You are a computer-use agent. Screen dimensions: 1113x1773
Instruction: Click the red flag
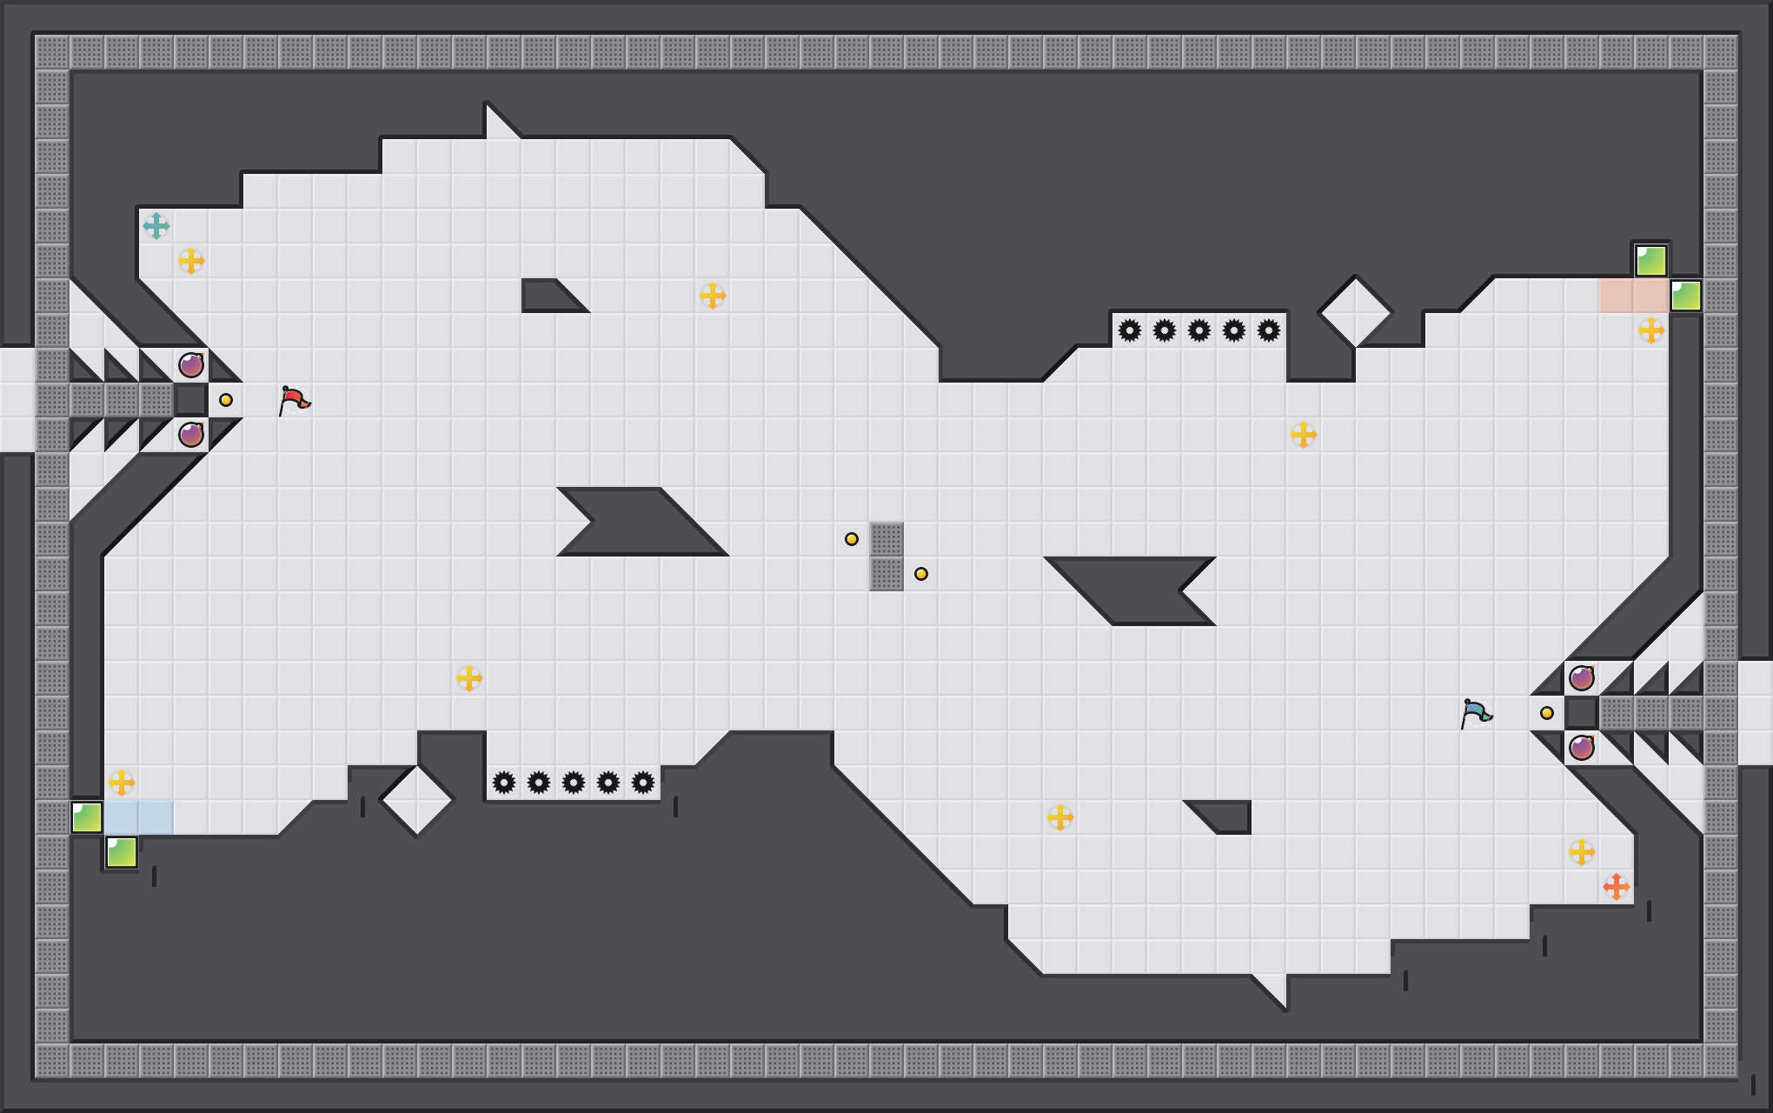pyautogui.click(x=294, y=400)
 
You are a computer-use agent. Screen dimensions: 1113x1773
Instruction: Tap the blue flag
pyautogui.click(x=1476, y=713)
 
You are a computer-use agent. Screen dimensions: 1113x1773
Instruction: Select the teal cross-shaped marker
pyautogui.click(x=156, y=226)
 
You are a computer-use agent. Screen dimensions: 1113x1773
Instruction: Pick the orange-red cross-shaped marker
pyautogui.click(x=1616, y=887)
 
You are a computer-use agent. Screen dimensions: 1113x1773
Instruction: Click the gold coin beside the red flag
pyautogui.click(x=226, y=400)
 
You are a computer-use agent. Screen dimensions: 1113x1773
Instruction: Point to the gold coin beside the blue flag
pyautogui.click(x=1547, y=713)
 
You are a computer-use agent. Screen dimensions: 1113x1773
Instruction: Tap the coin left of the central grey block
pyautogui.click(x=852, y=539)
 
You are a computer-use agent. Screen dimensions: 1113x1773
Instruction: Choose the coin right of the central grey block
pyautogui.click(x=921, y=574)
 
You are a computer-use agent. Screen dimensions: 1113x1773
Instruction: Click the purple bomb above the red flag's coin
pyautogui.click(x=191, y=365)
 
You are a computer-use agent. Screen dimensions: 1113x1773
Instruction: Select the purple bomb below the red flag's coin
pyautogui.click(x=191, y=434)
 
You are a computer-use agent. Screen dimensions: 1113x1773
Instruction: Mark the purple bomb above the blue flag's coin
pyautogui.click(x=1582, y=677)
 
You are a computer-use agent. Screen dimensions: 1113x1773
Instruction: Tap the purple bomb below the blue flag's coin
pyautogui.click(x=1582, y=747)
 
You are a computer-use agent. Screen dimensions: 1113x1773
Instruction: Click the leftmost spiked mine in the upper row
pyautogui.click(x=1130, y=330)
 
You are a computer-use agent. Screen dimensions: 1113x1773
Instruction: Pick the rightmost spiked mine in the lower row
pyautogui.click(x=643, y=783)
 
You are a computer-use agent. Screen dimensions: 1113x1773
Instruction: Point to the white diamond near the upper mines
pyautogui.click(x=1355, y=312)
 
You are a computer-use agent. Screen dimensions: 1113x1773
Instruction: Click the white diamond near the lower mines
pyautogui.click(x=417, y=800)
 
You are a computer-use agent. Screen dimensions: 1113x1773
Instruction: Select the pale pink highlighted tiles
pyautogui.click(x=1633, y=296)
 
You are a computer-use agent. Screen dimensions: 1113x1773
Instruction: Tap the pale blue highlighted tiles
pyautogui.click(x=139, y=817)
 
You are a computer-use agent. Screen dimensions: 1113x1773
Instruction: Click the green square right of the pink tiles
pyautogui.click(x=1686, y=296)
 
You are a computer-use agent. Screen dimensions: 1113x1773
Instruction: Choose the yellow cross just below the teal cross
pyautogui.click(x=191, y=260)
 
